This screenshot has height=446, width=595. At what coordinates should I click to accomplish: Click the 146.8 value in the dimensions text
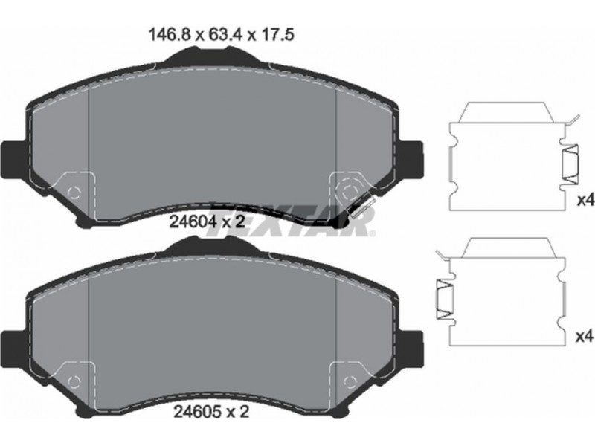(170, 35)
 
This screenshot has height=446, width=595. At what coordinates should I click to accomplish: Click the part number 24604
(193, 222)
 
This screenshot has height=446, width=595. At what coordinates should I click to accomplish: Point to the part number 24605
(197, 412)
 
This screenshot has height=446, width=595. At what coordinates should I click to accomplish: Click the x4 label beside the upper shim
(585, 201)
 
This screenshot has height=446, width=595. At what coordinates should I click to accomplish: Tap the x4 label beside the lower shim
(585, 337)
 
